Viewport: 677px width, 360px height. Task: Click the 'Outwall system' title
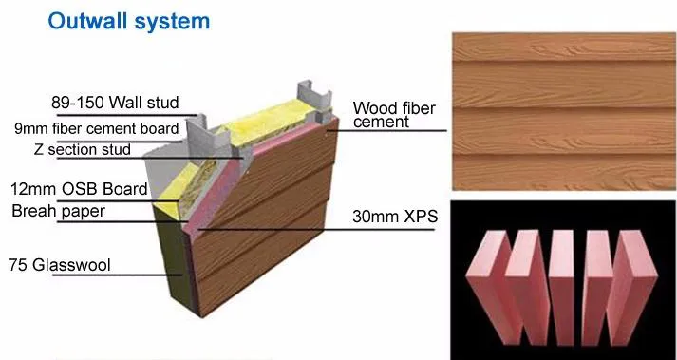click(129, 22)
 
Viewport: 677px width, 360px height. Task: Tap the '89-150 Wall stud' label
click(115, 103)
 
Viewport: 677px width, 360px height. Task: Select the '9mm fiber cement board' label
click(96, 128)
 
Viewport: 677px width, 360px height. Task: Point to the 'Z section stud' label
click(82, 149)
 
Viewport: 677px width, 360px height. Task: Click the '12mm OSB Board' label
click(79, 189)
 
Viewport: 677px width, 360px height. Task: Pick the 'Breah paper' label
click(59, 211)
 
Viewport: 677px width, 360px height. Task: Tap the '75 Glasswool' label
click(60, 264)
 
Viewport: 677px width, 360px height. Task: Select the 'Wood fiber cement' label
click(394, 115)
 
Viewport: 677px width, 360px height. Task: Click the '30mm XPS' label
click(395, 217)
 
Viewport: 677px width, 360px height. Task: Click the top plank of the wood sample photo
click(564, 47)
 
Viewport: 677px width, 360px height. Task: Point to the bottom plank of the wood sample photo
click(564, 172)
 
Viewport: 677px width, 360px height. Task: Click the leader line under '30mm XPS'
click(316, 229)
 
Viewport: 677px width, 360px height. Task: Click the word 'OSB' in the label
click(81, 189)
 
